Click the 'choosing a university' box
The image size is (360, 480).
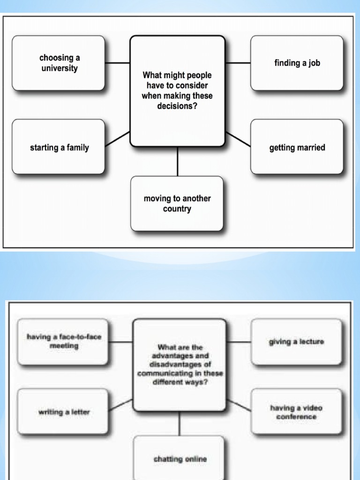(x=59, y=63)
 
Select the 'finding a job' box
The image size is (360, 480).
(x=297, y=63)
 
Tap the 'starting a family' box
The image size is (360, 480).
(x=59, y=147)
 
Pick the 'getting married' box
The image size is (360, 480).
(x=297, y=147)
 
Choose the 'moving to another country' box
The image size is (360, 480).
(x=177, y=203)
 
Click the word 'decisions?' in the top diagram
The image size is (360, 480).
(x=177, y=106)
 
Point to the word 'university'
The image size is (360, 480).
(x=59, y=68)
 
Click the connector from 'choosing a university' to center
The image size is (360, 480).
(x=117, y=63)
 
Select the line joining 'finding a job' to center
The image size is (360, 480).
(x=238, y=63)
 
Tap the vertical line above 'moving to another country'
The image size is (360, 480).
(x=177, y=162)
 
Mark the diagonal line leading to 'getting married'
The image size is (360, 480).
(x=238, y=139)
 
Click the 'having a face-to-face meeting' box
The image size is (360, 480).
(x=63, y=342)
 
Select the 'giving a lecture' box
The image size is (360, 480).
(x=296, y=342)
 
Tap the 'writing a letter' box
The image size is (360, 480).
(x=63, y=412)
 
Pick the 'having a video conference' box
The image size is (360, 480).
(x=296, y=412)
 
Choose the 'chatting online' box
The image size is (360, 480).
(x=180, y=459)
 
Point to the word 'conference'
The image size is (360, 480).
(x=296, y=417)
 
